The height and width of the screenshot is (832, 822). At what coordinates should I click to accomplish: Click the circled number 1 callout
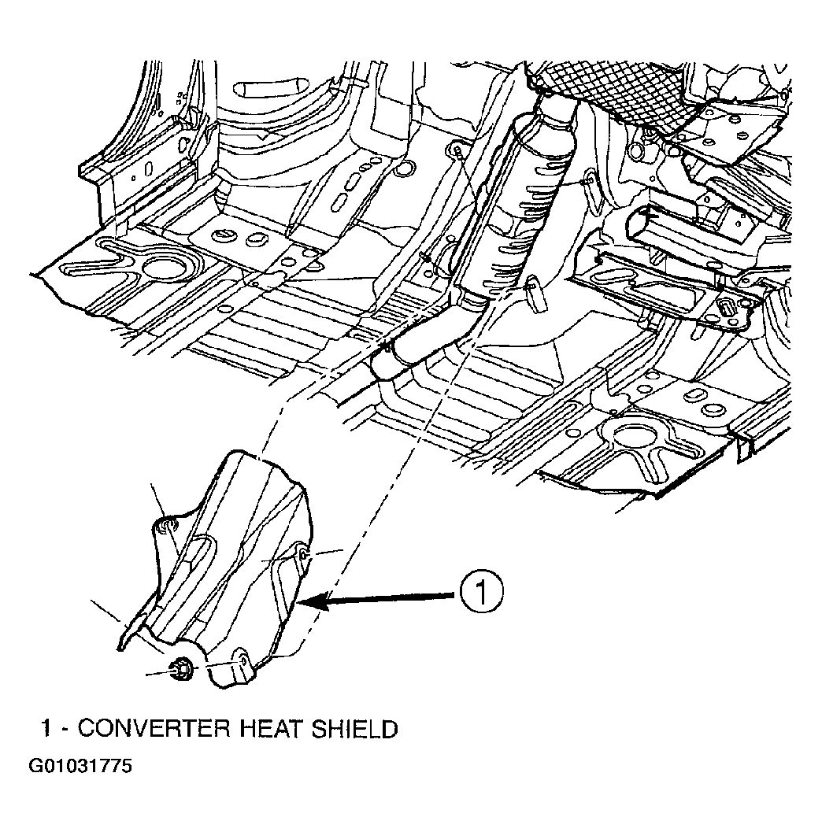(x=481, y=592)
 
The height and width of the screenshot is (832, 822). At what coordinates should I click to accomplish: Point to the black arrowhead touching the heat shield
(x=314, y=602)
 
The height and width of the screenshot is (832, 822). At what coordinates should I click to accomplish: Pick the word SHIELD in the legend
(x=354, y=729)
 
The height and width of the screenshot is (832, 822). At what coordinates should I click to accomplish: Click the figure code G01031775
(x=80, y=766)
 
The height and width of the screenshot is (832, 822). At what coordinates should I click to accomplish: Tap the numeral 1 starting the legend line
(x=47, y=729)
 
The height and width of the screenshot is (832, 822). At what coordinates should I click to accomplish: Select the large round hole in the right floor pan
(x=634, y=437)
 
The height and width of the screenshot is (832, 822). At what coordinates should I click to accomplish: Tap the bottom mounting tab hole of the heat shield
(x=243, y=660)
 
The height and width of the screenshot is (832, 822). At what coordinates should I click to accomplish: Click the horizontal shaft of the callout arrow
(x=393, y=598)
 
